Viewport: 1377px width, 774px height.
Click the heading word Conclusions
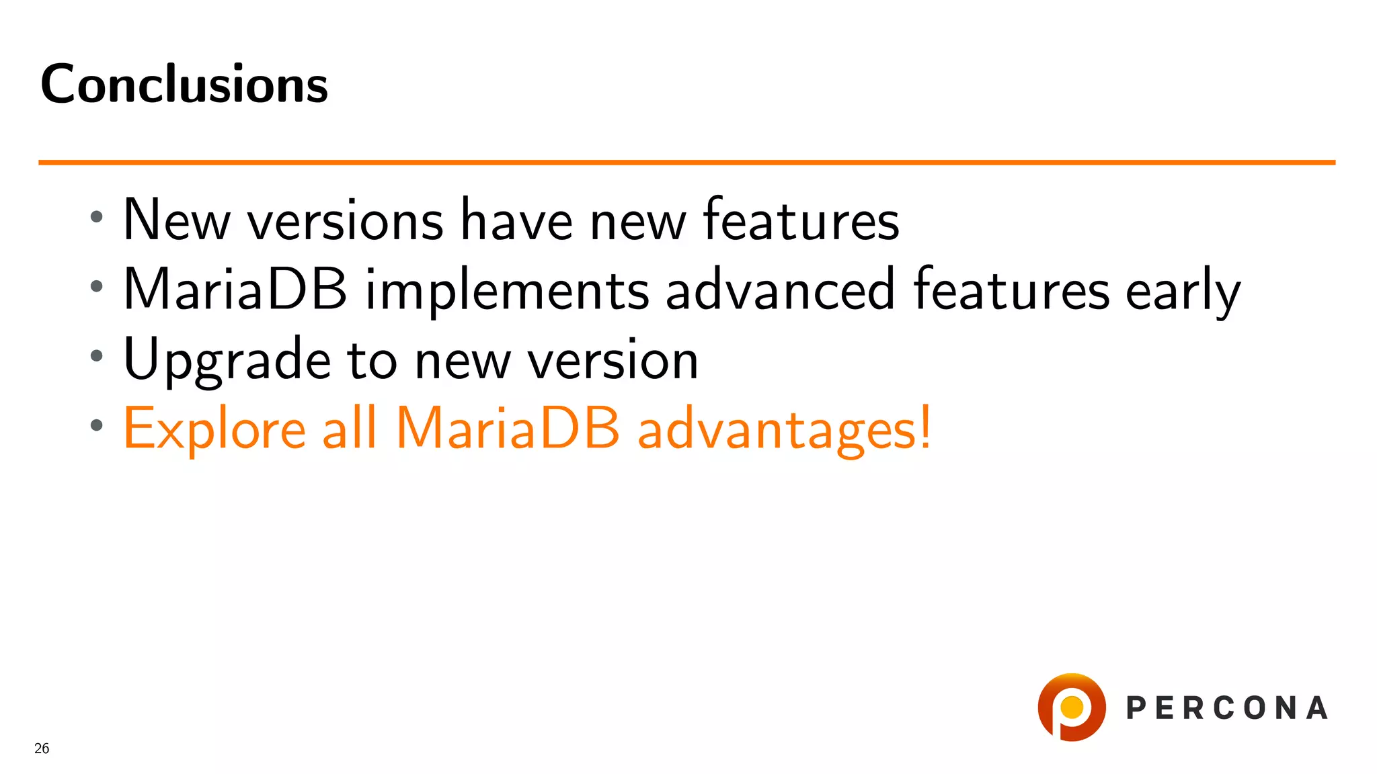(184, 85)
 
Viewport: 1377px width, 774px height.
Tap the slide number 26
(42, 748)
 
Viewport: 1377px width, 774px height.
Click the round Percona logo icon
(1071, 707)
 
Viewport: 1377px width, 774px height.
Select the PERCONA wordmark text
(1227, 708)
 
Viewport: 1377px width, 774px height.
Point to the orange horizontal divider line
(686, 163)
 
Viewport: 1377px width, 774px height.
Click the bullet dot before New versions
(97, 217)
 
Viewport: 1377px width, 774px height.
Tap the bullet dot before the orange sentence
(97, 425)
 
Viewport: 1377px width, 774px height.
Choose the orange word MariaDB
(507, 429)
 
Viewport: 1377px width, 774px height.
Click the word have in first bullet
(516, 220)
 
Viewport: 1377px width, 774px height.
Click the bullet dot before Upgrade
(97, 356)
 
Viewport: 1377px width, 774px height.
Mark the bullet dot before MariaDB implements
(97, 286)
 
